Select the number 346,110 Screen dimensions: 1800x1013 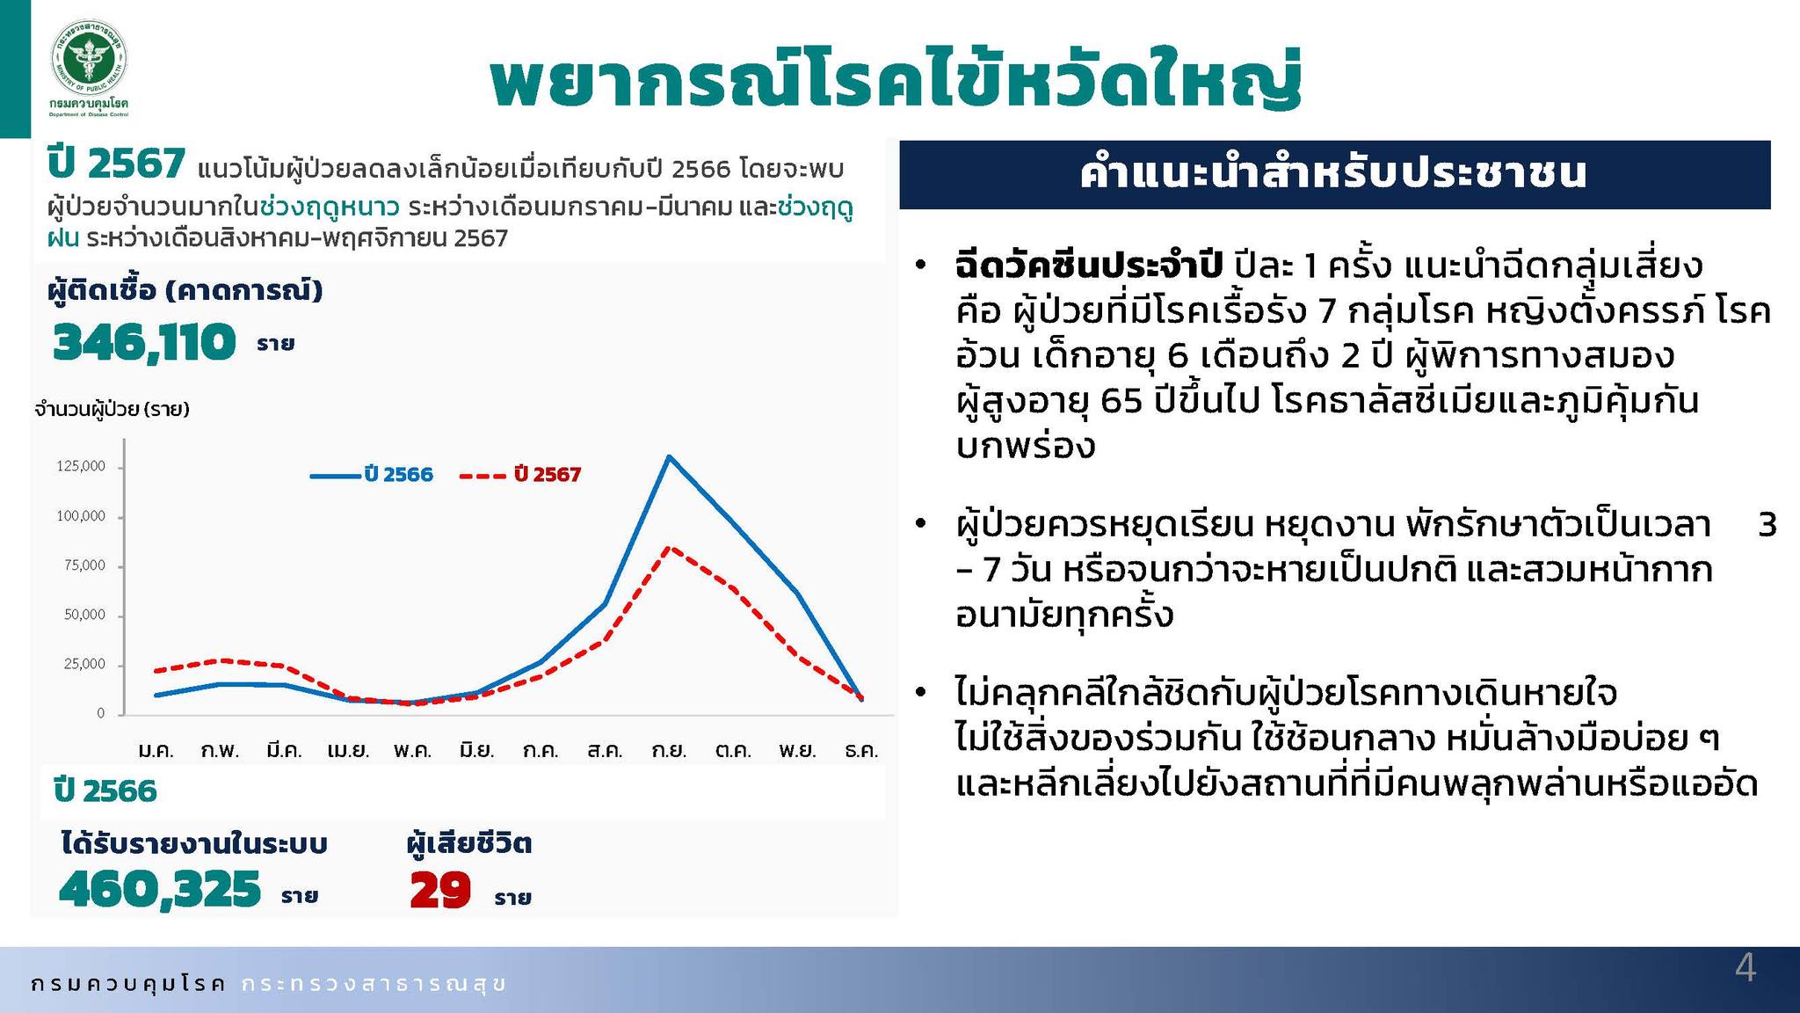click(x=144, y=342)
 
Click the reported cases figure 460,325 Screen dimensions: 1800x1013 click(x=160, y=889)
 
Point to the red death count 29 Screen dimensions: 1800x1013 click(x=440, y=890)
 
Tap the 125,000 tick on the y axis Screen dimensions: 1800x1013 click(x=81, y=466)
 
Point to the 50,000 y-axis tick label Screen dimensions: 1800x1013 click(x=84, y=615)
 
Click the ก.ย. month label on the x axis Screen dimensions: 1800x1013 click(x=669, y=751)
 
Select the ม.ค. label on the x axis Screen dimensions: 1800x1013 click(x=156, y=751)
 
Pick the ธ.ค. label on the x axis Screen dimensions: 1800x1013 click(x=861, y=751)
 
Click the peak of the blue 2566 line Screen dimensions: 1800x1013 click(x=669, y=456)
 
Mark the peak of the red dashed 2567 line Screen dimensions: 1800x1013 click(x=669, y=548)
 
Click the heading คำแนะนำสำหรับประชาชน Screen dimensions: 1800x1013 click(x=1333, y=173)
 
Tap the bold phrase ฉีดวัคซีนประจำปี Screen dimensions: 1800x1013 click(x=1089, y=265)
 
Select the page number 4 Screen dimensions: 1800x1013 click(x=1746, y=968)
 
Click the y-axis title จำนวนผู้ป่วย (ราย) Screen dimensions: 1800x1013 click(x=112, y=409)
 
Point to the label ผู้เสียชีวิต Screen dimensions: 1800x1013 click(x=468, y=844)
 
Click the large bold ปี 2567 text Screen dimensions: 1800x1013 click(x=116, y=164)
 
